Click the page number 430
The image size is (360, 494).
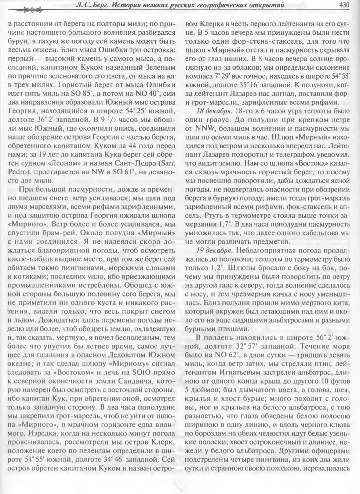click(x=346, y=5)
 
